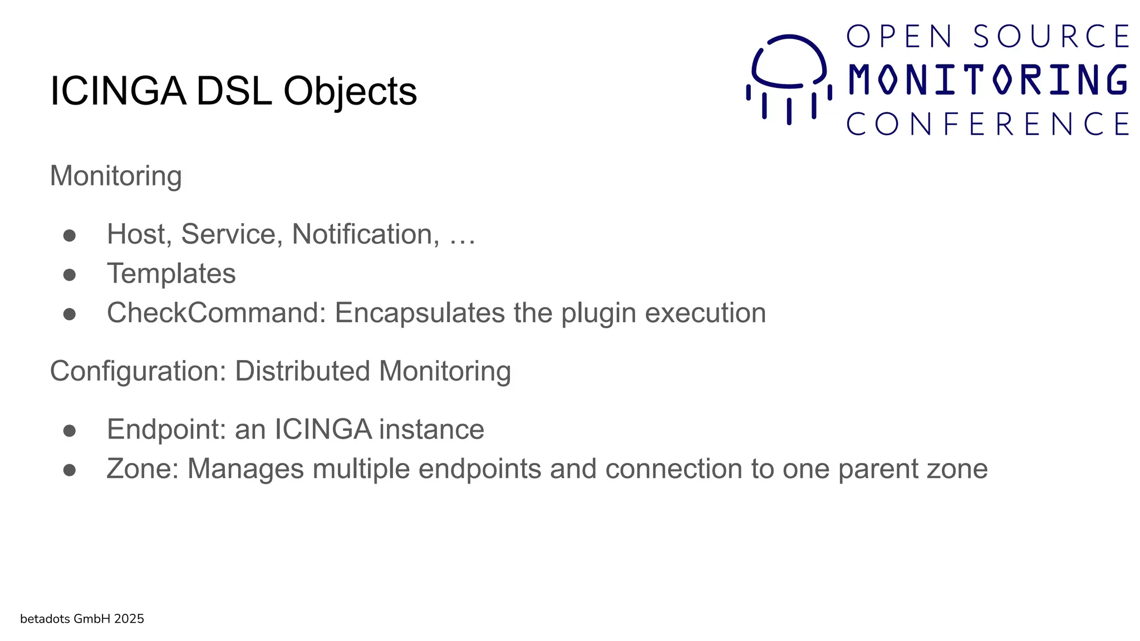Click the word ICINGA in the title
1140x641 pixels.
click(x=117, y=91)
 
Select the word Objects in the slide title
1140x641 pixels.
click(x=350, y=91)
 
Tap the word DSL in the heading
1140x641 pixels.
click(x=234, y=91)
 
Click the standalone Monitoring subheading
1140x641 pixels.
click(x=116, y=176)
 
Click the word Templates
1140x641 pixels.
click(x=171, y=273)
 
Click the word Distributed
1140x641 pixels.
click(x=302, y=371)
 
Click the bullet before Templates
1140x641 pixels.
click(x=70, y=274)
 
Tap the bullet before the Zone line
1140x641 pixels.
click(x=70, y=470)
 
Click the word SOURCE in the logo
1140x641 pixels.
click(x=1051, y=37)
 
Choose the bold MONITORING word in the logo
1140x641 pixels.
click(x=988, y=80)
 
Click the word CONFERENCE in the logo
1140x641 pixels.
click(x=988, y=124)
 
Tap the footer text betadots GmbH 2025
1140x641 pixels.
click(x=82, y=619)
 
